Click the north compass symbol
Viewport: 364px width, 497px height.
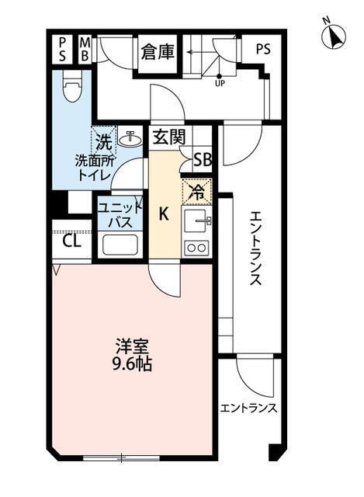[335, 36]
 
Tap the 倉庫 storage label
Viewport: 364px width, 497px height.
[158, 52]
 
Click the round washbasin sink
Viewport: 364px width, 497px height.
[130, 140]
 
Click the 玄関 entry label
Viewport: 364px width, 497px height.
[168, 138]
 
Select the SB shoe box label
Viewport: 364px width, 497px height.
[203, 160]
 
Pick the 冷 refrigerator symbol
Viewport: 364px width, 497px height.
[196, 189]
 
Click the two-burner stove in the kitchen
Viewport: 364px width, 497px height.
[196, 248]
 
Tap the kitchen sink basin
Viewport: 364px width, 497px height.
[196, 220]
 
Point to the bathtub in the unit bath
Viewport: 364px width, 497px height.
[119, 246]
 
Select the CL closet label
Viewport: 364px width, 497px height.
[71, 240]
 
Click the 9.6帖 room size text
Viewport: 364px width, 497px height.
[132, 363]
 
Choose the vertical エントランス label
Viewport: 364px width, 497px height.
[257, 248]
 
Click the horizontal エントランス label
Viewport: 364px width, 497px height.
[248, 408]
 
